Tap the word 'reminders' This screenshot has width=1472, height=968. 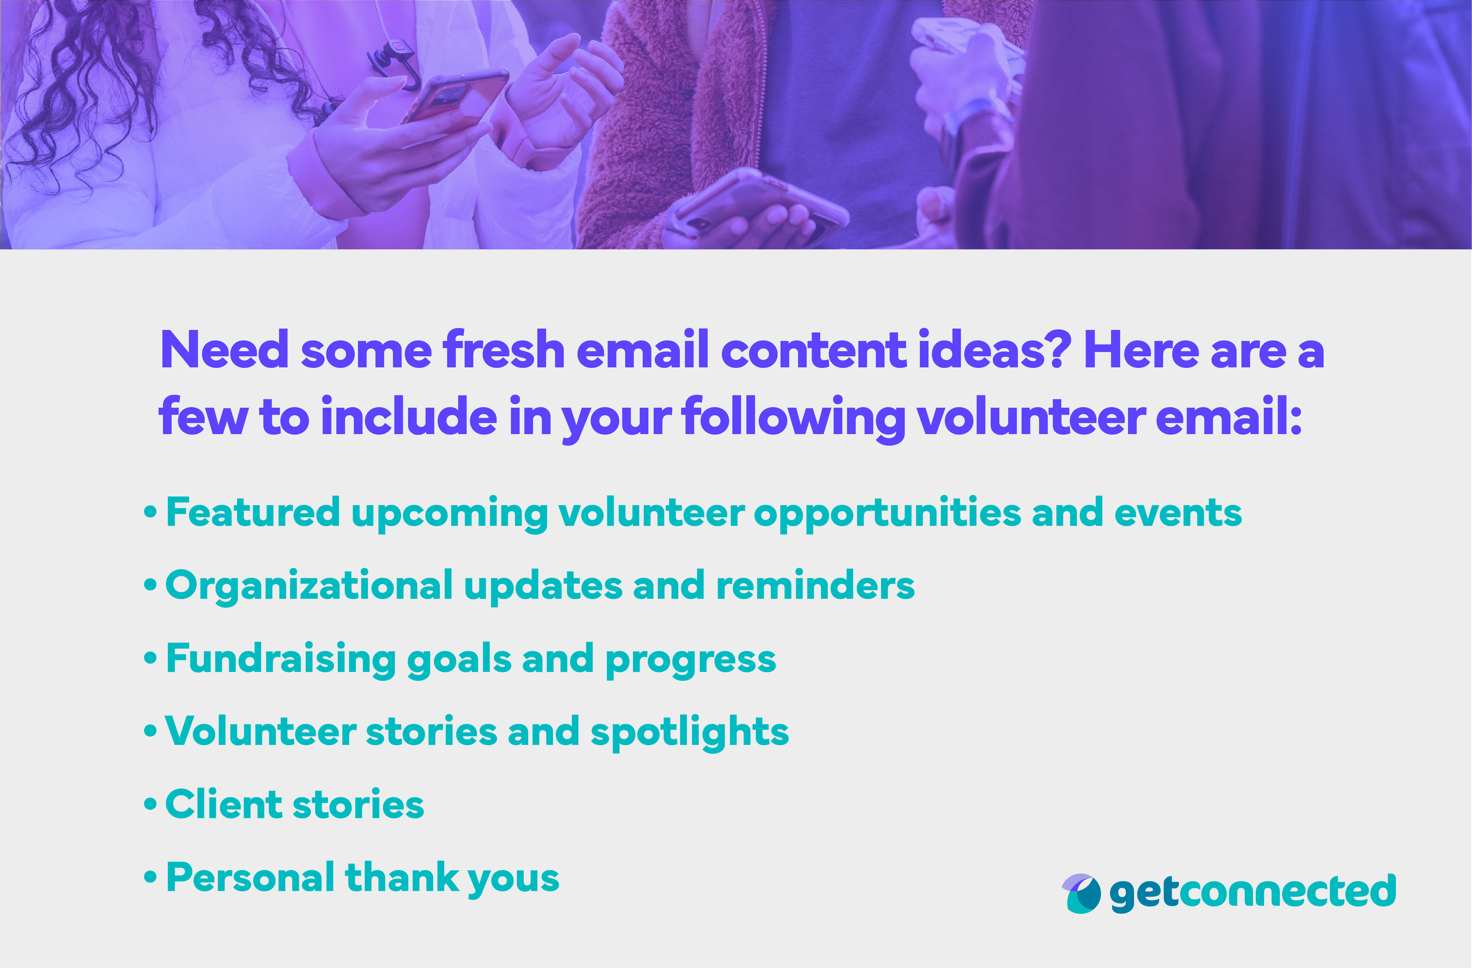tap(815, 585)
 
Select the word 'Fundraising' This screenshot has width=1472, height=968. tap(281, 659)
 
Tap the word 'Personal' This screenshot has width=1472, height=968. tap(250, 878)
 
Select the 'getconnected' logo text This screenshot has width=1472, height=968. tap(1252, 892)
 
